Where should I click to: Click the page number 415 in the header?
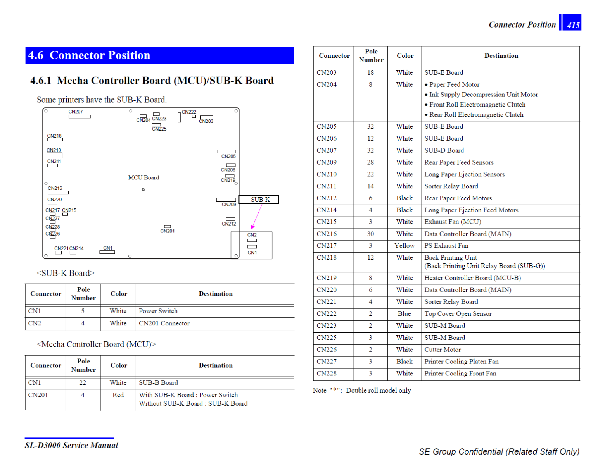click(573, 25)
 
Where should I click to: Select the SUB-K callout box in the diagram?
click(259, 200)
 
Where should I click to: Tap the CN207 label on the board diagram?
click(76, 112)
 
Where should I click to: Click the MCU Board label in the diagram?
click(143, 177)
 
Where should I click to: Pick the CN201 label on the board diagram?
click(168, 231)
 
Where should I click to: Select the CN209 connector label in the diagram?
click(229, 204)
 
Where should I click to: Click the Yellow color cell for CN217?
click(404, 246)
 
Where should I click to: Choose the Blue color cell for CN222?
click(404, 314)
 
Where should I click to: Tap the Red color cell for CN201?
click(118, 395)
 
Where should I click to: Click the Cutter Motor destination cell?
click(443, 350)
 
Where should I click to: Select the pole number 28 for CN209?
click(370, 162)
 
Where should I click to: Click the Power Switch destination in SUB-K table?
click(158, 311)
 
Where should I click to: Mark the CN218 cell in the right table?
click(327, 258)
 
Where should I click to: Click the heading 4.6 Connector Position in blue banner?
click(89, 55)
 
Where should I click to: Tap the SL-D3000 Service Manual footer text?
click(71, 445)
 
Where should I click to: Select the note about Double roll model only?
click(362, 391)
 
